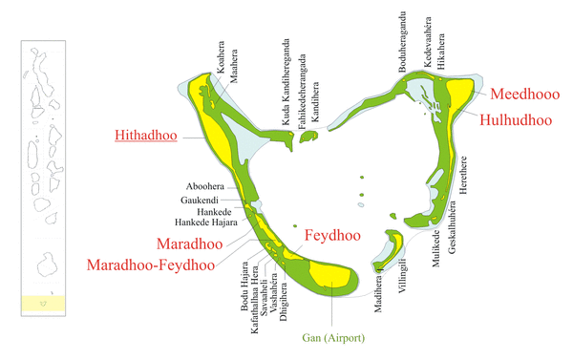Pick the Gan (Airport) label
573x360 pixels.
334,337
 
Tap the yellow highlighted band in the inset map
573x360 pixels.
42,304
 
